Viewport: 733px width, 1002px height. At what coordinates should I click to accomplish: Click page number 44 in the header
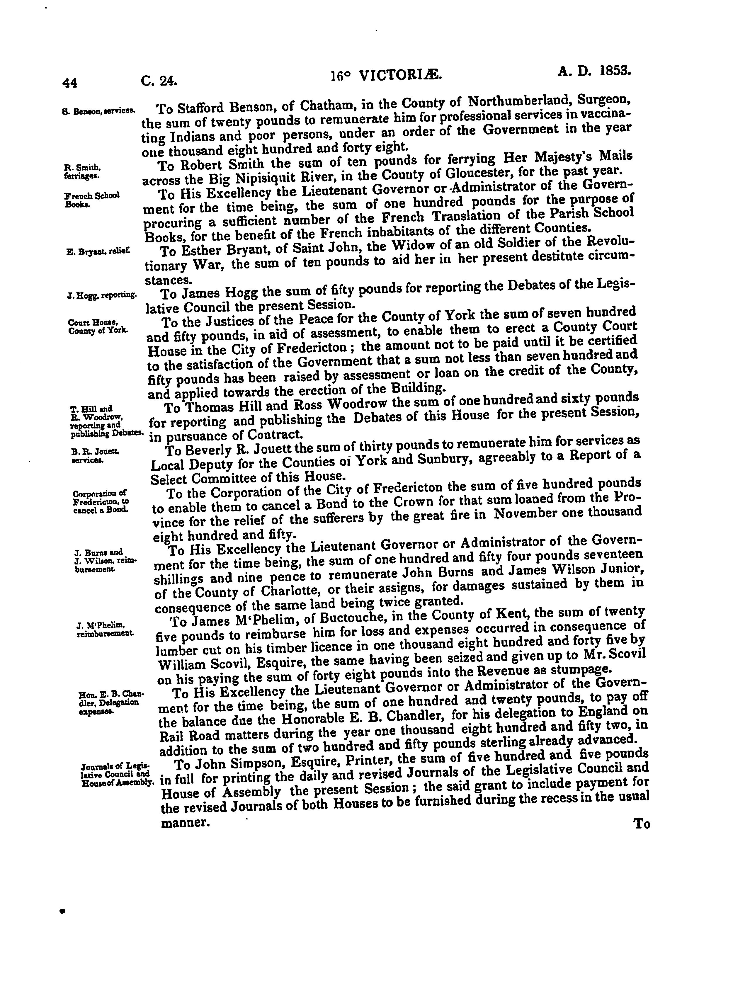pos(70,83)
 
